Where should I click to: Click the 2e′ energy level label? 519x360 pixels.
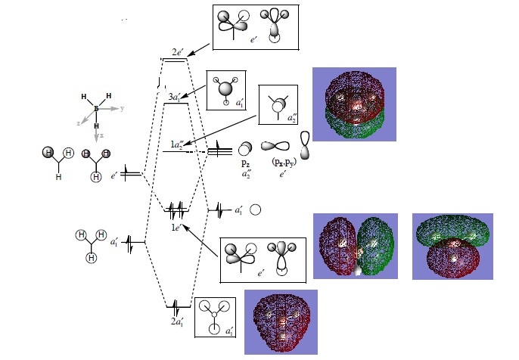click(x=178, y=51)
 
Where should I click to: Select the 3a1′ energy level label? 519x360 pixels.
click(x=176, y=96)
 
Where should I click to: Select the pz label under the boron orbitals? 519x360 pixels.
click(x=244, y=162)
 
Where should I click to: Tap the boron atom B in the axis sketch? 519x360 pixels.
click(x=96, y=109)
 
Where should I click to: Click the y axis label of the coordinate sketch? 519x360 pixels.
click(x=122, y=109)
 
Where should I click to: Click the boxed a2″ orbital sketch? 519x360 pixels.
click(x=278, y=104)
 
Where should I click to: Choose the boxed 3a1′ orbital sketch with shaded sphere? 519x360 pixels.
click(x=228, y=88)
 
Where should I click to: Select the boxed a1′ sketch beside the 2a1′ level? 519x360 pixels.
click(x=215, y=317)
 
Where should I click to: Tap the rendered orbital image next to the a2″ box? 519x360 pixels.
click(x=354, y=104)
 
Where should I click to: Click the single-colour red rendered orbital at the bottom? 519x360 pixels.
click(x=281, y=321)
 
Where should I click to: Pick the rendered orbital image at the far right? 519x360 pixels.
click(x=452, y=246)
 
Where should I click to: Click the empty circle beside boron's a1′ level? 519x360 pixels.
click(x=256, y=209)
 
